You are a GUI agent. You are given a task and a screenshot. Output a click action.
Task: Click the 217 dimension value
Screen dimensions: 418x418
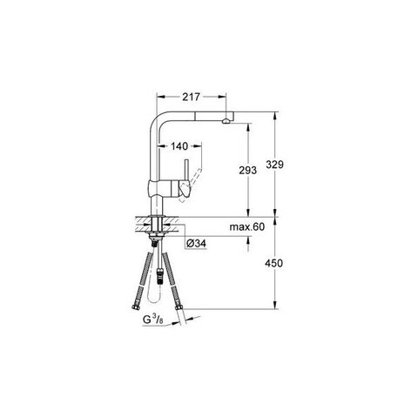coord(191,97)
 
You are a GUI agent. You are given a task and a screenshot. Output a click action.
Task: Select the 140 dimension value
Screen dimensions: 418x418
coord(179,146)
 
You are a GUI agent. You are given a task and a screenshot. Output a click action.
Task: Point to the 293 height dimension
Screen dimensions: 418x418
coord(247,171)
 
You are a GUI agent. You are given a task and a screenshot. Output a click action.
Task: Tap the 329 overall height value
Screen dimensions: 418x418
coord(274,165)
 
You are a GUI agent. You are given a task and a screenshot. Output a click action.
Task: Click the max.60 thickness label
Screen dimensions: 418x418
coord(247,226)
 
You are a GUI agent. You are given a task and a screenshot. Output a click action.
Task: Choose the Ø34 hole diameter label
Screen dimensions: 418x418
coord(196,244)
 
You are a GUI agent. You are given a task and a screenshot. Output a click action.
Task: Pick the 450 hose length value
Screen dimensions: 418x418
coord(273,263)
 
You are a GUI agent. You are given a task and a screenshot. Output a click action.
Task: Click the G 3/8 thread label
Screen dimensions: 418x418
coord(153,320)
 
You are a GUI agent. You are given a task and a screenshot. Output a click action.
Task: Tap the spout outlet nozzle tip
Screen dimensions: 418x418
coord(226,121)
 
